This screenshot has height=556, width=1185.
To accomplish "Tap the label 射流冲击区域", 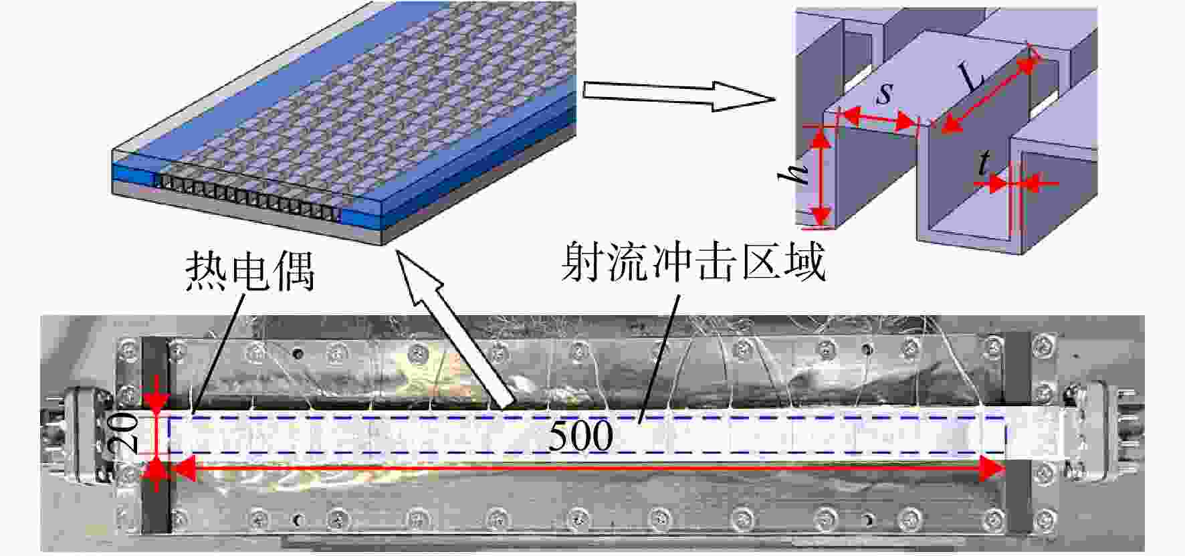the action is [x=693, y=262].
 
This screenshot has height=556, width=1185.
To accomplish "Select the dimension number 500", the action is [x=580, y=436].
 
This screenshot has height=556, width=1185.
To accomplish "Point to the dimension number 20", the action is [x=130, y=435].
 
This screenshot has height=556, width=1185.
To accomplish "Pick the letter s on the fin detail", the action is [x=884, y=94].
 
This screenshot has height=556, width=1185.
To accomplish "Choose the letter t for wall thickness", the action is [x=983, y=162].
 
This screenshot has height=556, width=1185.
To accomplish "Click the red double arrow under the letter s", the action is [x=878, y=119].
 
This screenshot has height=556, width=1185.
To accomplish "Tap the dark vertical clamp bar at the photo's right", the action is [x=1018, y=434].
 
